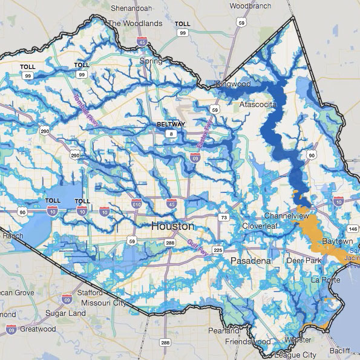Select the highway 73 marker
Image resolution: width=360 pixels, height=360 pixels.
point(223,217)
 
